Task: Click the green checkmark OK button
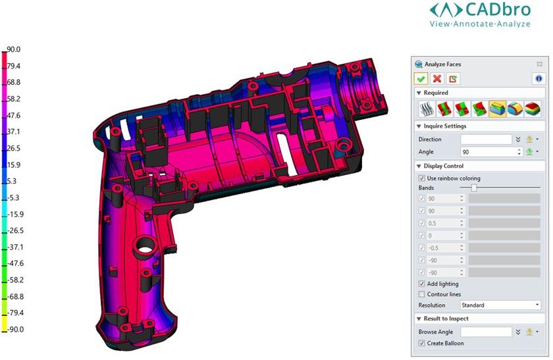point(421,78)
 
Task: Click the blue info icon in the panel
point(538,78)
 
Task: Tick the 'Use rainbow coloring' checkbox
point(421,178)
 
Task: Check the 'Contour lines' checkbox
point(421,294)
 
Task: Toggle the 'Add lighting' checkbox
point(421,284)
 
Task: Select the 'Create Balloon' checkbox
point(421,344)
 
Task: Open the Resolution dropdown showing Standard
point(500,305)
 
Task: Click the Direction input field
point(486,140)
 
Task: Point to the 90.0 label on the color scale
point(14,49)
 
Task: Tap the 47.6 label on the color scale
point(14,115)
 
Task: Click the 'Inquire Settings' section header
point(445,126)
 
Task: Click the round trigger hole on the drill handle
point(144,248)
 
